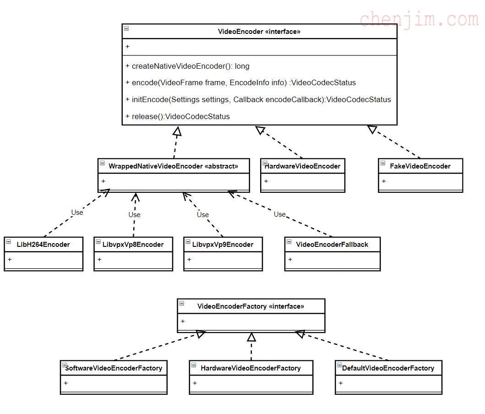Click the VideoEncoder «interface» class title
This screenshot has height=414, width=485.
pyautogui.click(x=259, y=32)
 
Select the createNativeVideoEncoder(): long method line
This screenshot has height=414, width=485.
pyautogui.click(x=187, y=66)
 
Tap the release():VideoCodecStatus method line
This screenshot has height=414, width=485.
pyautogui.click(x=178, y=116)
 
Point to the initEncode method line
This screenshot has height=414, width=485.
pyautogui.click(x=258, y=99)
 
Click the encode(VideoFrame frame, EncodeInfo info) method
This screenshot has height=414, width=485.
pyautogui.click(x=240, y=83)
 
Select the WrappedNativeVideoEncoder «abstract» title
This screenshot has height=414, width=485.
pyautogui.click(x=173, y=166)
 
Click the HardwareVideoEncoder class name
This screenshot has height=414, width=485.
pyautogui.click(x=302, y=166)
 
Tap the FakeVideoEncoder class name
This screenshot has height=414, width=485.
pyautogui.click(x=420, y=166)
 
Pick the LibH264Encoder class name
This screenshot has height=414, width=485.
pyautogui.click(x=44, y=244)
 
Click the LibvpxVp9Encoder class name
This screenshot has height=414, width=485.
pyautogui.click(x=223, y=244)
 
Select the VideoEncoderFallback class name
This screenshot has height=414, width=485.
pyautogui.click(x=332, y=244)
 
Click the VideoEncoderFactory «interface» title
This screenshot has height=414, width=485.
pyautogui.click(x=251, y=306)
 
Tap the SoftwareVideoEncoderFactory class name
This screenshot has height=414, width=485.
pyautogui.click(x=114, y=368)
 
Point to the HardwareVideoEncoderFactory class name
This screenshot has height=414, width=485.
pyautogui.click(x=251, y=368)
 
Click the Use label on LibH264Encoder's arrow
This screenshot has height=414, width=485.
pyautogui.click(x=77, y=212)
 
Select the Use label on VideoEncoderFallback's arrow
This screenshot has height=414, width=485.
pyautogui.click(x=279, y=214)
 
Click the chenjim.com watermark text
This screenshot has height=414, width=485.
pyautogui.click(x=419, y=19)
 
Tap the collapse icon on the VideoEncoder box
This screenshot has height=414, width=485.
pyautogui.click(x=126, y=28)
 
